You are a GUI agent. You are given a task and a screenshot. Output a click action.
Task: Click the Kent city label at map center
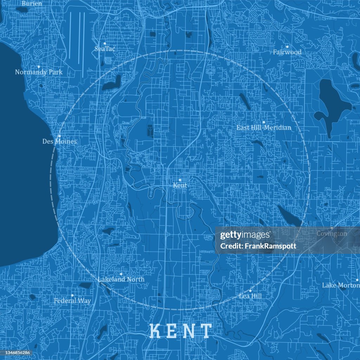180,185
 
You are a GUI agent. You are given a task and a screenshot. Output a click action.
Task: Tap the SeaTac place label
105,49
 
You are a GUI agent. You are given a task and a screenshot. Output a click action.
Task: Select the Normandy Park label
39,72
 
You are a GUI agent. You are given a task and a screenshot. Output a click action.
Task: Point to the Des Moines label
59,141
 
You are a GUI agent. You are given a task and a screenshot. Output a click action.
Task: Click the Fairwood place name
287,52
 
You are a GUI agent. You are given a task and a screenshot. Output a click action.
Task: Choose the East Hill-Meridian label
264,128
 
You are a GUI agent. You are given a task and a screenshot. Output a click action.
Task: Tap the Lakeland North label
121,279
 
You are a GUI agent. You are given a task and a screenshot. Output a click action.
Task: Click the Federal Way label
72,301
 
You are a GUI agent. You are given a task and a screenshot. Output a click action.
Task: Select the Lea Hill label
250,296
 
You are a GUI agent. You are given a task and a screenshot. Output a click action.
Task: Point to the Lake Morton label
340,285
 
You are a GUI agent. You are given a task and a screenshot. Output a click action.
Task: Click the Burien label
32,4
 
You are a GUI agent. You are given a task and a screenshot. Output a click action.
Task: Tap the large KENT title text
181,330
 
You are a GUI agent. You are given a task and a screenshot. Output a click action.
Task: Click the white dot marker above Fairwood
287,46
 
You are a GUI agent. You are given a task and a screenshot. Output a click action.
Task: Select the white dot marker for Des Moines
59,136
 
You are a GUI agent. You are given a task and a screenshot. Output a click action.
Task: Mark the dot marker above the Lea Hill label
250,291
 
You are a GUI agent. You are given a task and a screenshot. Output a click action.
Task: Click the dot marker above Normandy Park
39,66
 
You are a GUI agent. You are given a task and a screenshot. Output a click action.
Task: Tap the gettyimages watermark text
245,235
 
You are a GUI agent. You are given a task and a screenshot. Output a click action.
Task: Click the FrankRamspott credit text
258,246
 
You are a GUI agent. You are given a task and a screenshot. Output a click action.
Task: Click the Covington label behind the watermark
332,233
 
